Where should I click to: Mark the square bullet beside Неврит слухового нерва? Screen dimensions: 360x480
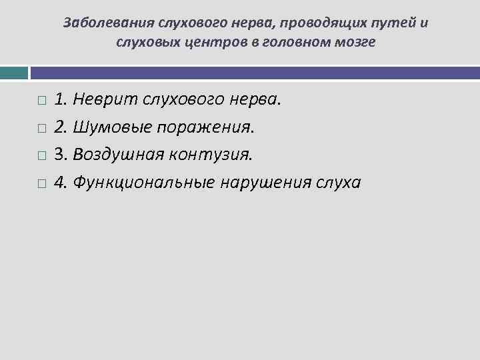point(42,101)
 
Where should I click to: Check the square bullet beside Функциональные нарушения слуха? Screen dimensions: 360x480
point(42,183)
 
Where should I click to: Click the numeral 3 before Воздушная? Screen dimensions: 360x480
point(59,155)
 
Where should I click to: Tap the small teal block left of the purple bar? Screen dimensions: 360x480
point(14,72)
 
